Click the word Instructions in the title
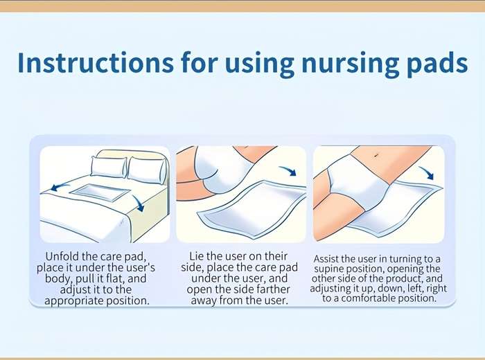(x=96, y=63)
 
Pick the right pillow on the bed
(x=147, y=170)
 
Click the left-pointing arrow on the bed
(x=60, y=186)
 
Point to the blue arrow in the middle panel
(x=288, y=170)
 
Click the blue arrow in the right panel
(x=427, y=172)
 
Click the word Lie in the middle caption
(x=196, y=256)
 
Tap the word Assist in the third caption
(x=324, y=259)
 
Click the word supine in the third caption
(x=329, y=269)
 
